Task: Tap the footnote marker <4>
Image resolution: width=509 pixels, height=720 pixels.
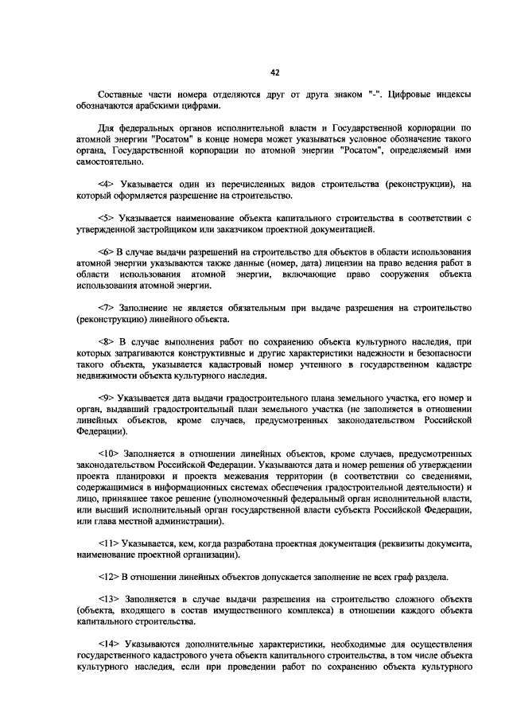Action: click(x=107, y=184)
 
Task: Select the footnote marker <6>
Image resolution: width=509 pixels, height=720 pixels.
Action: click(x=107, y=251)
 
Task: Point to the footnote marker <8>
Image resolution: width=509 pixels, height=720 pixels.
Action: click(x=107, y=341)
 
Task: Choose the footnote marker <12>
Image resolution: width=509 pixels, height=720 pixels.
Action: click(x=110, y=575)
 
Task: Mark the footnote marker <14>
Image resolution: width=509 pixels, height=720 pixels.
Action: click(x=110, y=643)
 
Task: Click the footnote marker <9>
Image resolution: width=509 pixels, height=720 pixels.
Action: click(x=107, y=397)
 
